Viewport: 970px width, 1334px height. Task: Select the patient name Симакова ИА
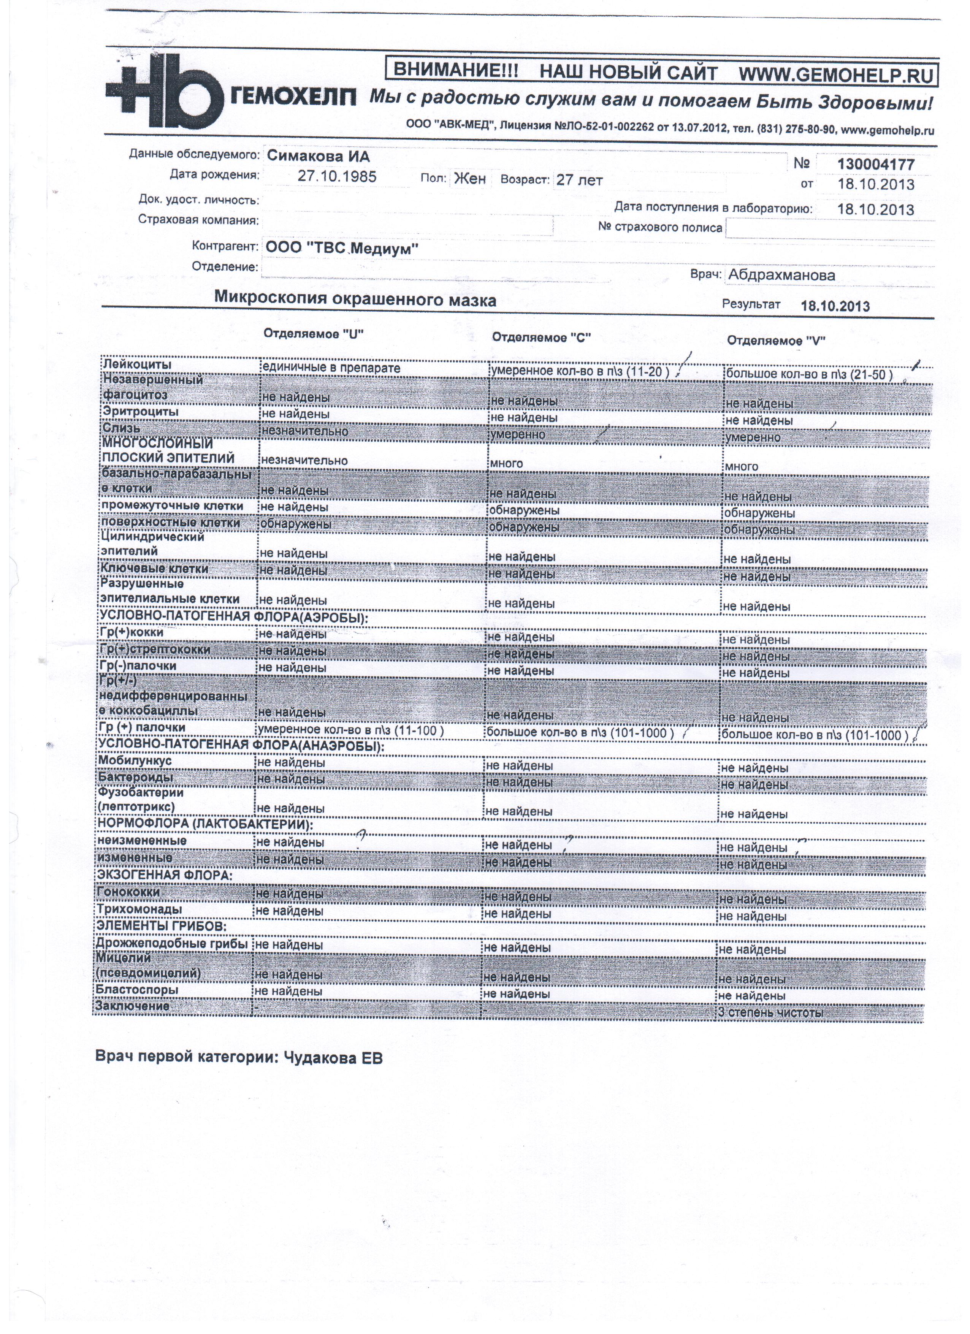pyautogui.click(x=318, y=156)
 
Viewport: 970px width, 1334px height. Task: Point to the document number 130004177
pyautogui.click(x=876, y=164)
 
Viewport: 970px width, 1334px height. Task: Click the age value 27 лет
pyautogui.click(x=579, y=181)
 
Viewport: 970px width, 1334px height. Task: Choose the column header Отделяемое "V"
pyautogui.click(x=776, y=341)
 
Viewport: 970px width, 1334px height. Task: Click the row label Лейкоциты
pyautogui.click(x=137, y=365)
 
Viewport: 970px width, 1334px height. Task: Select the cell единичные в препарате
pyautogui.click(x=331, y=368)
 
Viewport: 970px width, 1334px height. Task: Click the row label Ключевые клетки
pyautogui.click(x=154, y=569)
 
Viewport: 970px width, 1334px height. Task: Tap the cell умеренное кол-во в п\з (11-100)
pyautogui.click(x=350, y=730)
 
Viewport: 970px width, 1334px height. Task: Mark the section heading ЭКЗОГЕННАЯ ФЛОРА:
pyautogui.click(x=164, y=875)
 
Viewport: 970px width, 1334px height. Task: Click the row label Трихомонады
pyautogui.click(x=139, y=909)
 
